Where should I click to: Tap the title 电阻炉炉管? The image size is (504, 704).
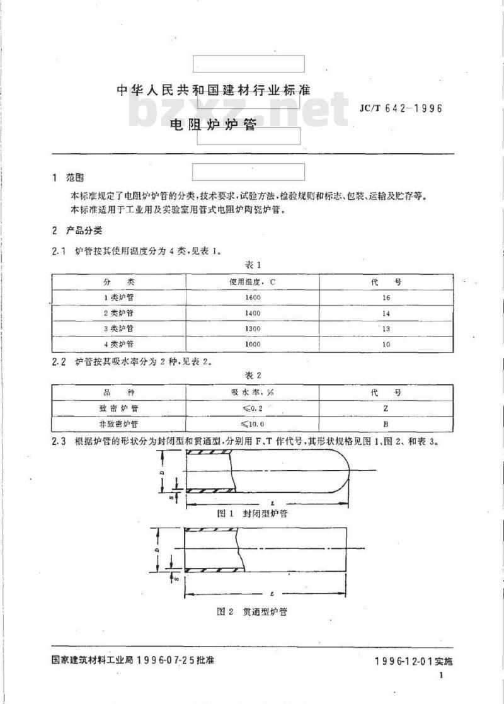213,125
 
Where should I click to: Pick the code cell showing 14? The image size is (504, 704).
386,313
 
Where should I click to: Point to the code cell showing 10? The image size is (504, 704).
386,345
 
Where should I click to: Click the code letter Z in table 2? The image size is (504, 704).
386,408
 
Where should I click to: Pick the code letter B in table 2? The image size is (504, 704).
386,425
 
